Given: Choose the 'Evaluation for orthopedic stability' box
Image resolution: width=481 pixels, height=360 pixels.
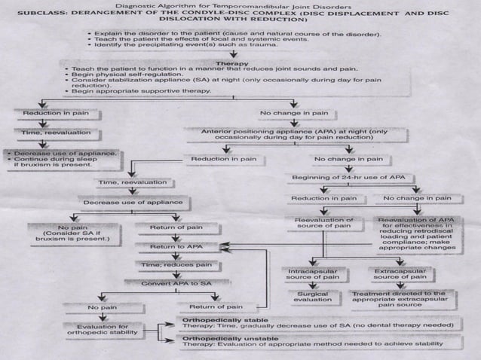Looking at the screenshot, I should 103,331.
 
